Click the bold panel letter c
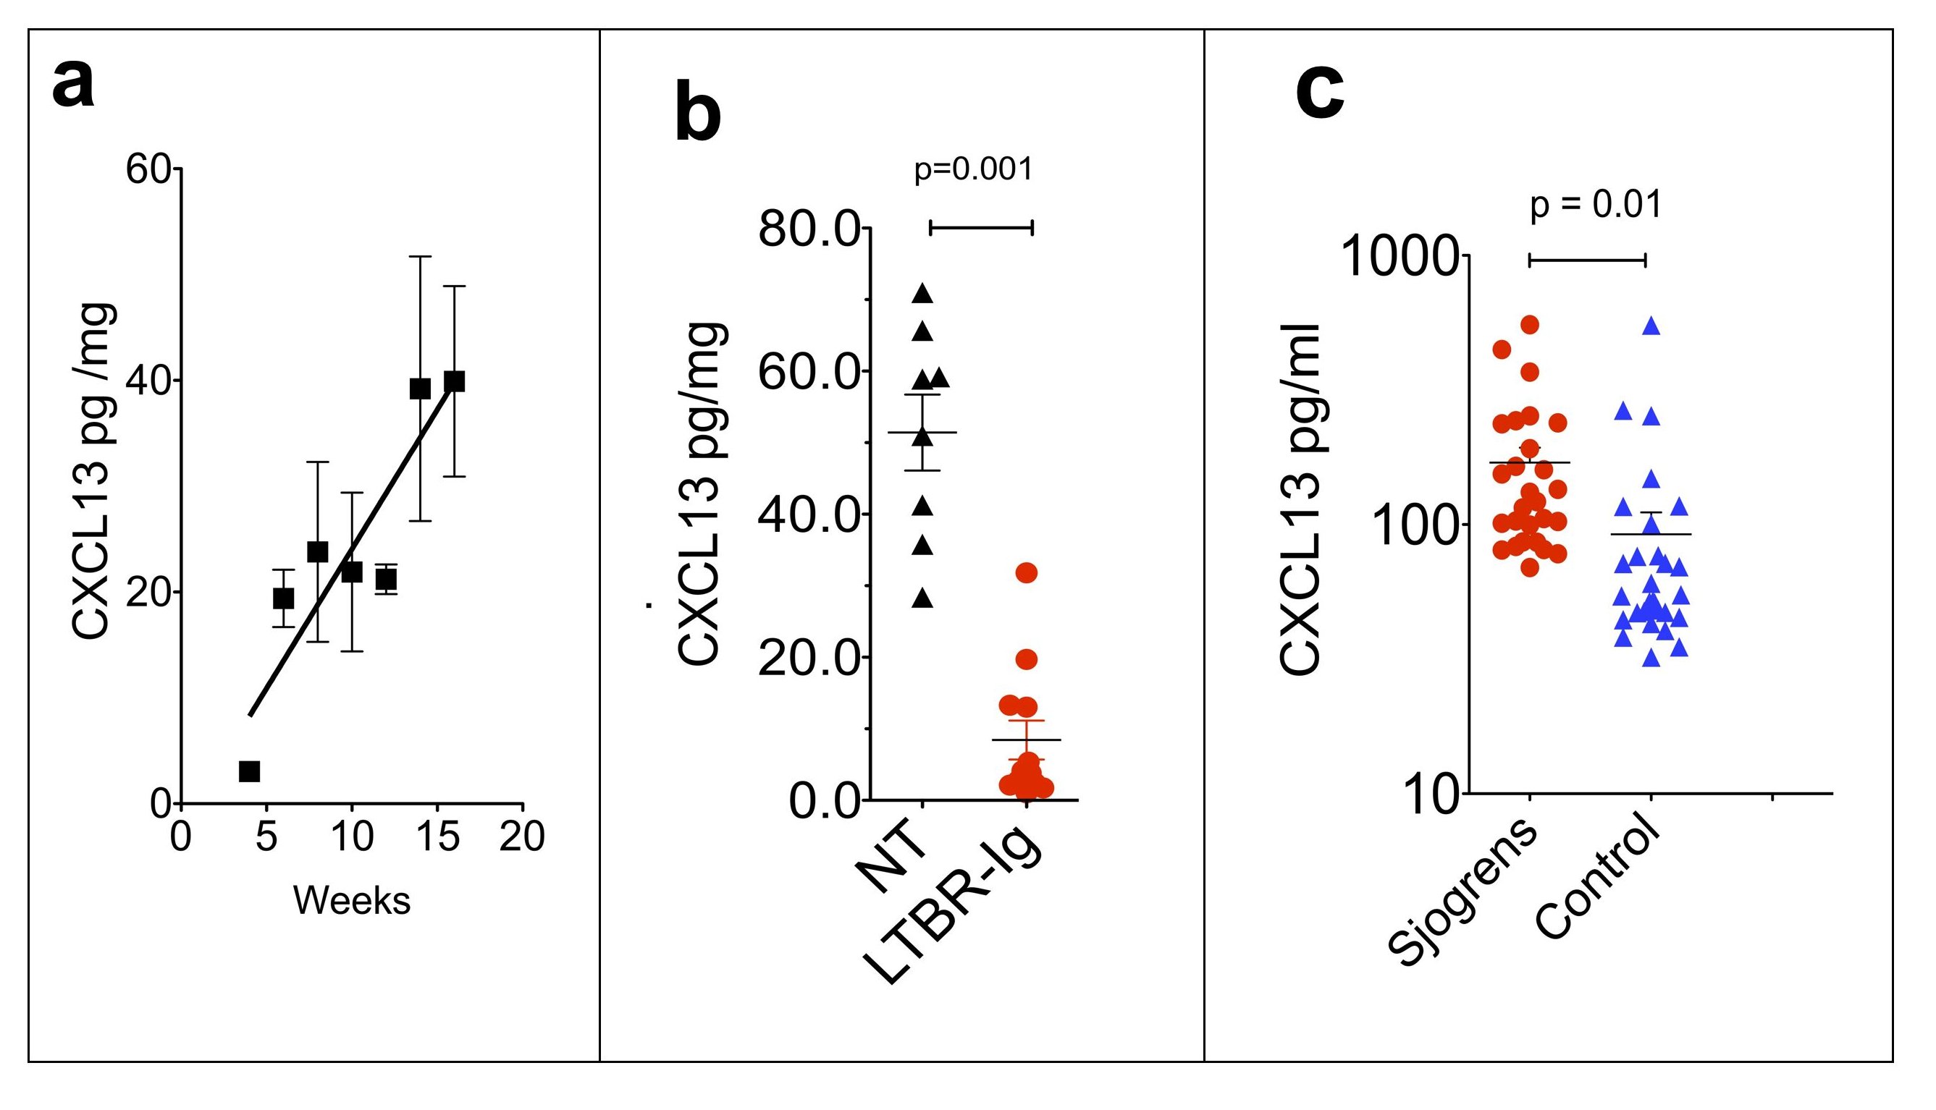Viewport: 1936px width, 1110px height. [1320, 96]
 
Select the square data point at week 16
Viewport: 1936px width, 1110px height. [455, 381]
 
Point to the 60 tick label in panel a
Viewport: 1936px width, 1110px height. [148, 169]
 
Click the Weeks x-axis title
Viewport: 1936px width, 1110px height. [352, 900]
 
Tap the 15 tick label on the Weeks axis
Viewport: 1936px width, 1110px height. [438, 837]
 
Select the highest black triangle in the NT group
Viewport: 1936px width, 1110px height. [923, 293]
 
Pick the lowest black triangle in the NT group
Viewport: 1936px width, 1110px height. [923, 598]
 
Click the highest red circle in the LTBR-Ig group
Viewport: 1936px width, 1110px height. [1027, 572]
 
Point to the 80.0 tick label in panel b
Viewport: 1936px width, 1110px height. [809, 228]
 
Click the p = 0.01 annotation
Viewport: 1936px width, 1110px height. [1596, 204]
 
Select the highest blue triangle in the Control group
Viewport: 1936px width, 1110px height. [1651, 326]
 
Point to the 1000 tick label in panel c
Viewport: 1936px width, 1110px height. [1399, 257]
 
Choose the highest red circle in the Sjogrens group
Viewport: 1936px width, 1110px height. [1529, 325]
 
